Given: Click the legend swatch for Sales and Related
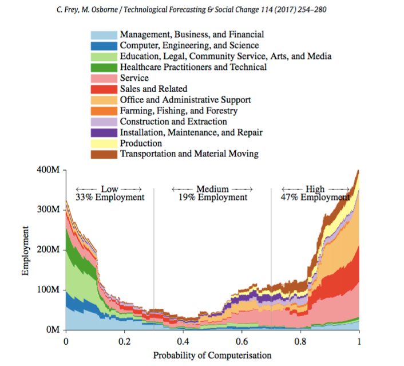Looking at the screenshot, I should pos(104,89).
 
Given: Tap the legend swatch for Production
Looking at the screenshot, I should pos(104,143).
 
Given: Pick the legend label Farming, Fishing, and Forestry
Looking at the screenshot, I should pos(179,111).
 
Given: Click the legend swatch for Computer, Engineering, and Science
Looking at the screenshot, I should pos(104,45).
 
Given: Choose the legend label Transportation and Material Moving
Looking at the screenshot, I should pos(189,154).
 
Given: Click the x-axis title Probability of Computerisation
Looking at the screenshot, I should pos(212,355).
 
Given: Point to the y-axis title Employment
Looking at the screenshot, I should pos(26,250).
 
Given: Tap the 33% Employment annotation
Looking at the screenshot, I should pos(110,198).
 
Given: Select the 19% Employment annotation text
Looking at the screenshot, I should pos(212,198).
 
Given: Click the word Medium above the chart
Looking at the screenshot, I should pos(212,189).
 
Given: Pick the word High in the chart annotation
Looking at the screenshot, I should pos(315,189).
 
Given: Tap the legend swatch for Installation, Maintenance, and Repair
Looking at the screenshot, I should pos(104,132).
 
